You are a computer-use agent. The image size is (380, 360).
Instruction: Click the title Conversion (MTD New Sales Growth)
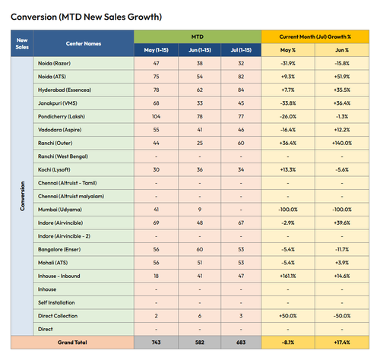click(x=86, y=17)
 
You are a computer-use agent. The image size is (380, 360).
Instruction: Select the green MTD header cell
click(x=198, y=36)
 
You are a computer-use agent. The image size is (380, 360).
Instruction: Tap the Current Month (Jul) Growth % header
click(x=315, y=36)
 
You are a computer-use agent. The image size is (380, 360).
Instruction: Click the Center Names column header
click(x=84, y=43)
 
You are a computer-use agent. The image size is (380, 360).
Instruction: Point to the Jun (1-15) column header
click(x=200, y=50)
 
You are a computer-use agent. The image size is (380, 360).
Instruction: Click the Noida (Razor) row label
click(x=54, y=63)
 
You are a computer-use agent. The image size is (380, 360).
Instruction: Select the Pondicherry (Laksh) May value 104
click(x=156, y=116)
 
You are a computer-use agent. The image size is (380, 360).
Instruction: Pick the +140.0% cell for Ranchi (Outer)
click(x=342, y=143)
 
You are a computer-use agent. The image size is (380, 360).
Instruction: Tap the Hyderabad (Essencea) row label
click(x=65, y=90)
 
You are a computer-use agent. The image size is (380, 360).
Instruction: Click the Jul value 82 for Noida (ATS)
click(x=241, y=77)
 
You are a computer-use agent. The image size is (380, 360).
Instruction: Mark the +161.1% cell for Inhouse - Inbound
click(x=288, y=276)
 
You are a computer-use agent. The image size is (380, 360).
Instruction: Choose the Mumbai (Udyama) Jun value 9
click(x=200, y=210)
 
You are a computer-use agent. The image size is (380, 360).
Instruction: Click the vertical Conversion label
click(x=22, y=196)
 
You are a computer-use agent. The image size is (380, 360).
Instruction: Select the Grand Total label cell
click(x=72, y=343)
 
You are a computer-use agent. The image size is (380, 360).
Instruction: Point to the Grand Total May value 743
click(x=156, y=343)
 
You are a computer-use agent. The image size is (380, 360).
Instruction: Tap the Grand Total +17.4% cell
click(x=342, y=343)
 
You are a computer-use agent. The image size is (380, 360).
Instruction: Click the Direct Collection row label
click(x=58, y=316)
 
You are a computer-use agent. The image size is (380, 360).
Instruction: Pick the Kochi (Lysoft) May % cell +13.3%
click(x=288, y=169)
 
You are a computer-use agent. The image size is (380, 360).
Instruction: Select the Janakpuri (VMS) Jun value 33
click(x=200, y=103)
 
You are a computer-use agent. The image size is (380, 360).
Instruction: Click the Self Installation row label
click(x=56, y=302)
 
